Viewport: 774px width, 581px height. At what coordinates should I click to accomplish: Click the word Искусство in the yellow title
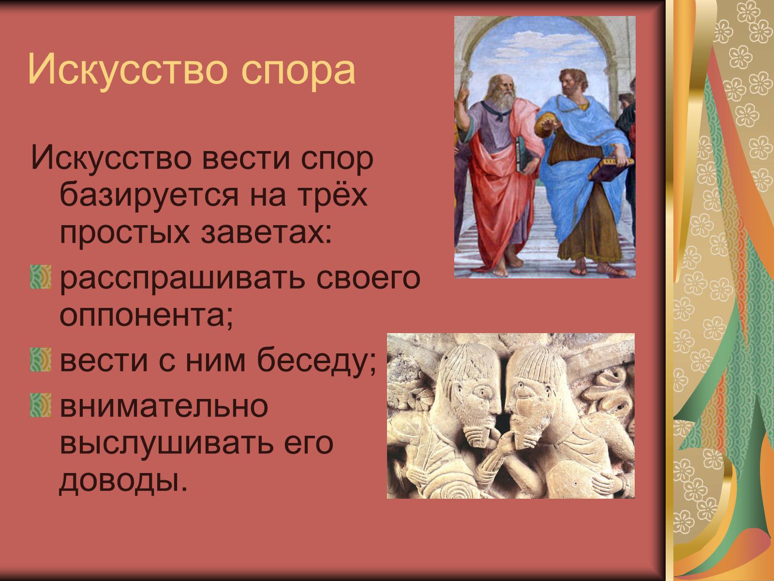(127, 69)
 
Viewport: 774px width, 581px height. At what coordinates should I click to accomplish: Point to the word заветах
(266, 233)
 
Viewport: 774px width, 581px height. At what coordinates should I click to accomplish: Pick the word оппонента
(147, 315)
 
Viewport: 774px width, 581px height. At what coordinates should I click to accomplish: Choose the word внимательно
(164, 406)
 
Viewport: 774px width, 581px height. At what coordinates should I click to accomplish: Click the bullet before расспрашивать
(41, 277)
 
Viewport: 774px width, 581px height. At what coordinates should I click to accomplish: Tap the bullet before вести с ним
(41, 360)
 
